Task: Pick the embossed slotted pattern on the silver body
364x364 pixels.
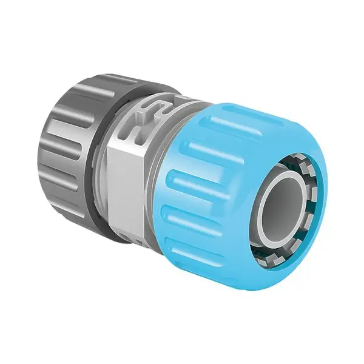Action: coord(146,121)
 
